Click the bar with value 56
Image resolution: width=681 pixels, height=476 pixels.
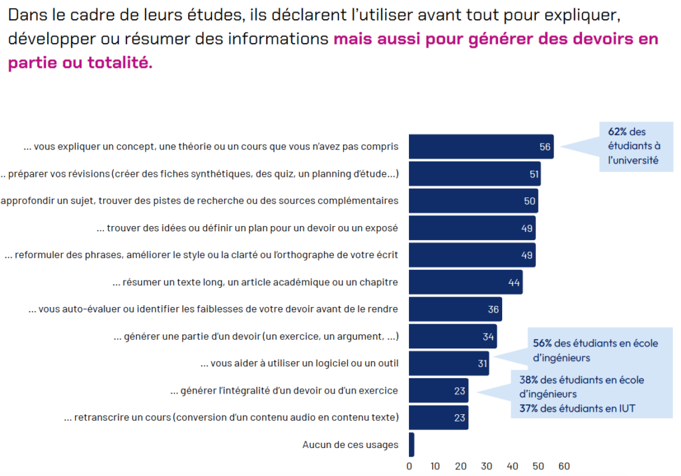480,146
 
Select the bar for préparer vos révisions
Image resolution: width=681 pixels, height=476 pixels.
474,174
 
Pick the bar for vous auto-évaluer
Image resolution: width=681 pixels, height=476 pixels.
455,309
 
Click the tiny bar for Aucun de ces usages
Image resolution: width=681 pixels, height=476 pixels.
412,445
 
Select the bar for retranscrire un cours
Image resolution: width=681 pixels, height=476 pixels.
438,417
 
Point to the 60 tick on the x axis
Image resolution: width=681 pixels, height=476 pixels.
564,466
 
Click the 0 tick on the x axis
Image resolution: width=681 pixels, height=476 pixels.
410,466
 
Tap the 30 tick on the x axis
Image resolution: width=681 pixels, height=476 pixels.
487,466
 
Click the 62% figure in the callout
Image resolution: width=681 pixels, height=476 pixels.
616,132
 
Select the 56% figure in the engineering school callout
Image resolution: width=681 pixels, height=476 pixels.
542,343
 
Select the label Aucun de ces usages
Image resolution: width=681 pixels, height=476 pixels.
350,445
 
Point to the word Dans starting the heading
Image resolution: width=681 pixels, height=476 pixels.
25,15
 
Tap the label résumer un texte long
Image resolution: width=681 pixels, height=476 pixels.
255,283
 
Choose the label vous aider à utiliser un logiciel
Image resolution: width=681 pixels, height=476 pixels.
299,364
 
